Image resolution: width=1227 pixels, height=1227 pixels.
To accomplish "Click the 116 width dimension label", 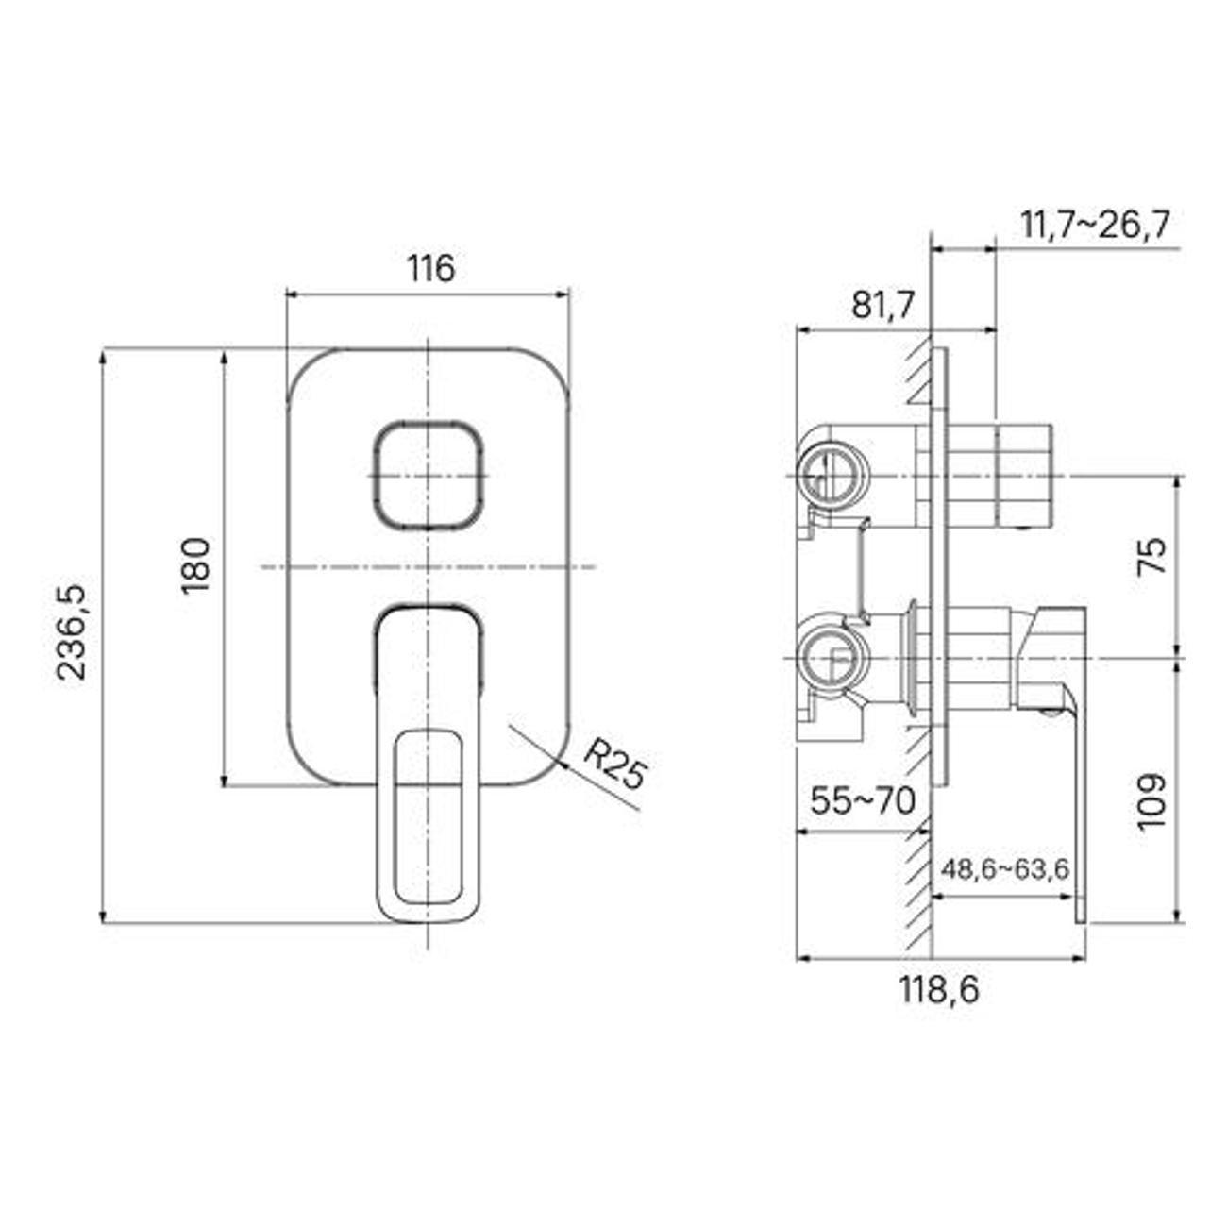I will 430,269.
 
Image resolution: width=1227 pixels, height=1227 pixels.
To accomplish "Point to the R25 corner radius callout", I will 613,765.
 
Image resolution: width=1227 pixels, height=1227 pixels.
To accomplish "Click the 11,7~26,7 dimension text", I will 1094,226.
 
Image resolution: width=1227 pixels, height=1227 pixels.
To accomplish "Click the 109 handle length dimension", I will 1151,802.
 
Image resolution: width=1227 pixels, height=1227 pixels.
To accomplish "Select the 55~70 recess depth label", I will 863,801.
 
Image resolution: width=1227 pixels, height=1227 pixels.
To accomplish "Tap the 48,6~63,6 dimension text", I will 1005,869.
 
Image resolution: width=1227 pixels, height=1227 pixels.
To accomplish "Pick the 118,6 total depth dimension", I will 938,990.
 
